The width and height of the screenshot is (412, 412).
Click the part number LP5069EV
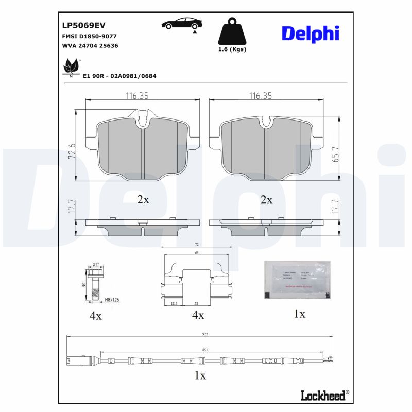click(x=83, y=25)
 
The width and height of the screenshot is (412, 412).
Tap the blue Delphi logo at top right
click(x=310, y=33)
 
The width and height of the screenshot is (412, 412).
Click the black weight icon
click(x=232, y=32)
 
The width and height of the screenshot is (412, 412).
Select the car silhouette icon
click(x=182, y=24)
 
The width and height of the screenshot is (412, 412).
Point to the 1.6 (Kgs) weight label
click(x=232, y=49)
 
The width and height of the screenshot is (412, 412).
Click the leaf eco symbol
click(x=70, y=67)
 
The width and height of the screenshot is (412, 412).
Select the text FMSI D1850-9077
click(x=89, y=36)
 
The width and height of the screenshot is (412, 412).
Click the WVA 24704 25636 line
click(x=90, y=45)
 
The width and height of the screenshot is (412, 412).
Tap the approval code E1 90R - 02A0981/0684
click(x=119, y=76)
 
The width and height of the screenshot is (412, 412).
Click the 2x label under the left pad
click(x=143, y=199)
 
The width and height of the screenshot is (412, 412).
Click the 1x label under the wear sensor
click(x=200, y=375)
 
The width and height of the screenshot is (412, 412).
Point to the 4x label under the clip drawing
click(x=197, y=315)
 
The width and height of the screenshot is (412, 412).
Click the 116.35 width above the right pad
click(x=260, y=96)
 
